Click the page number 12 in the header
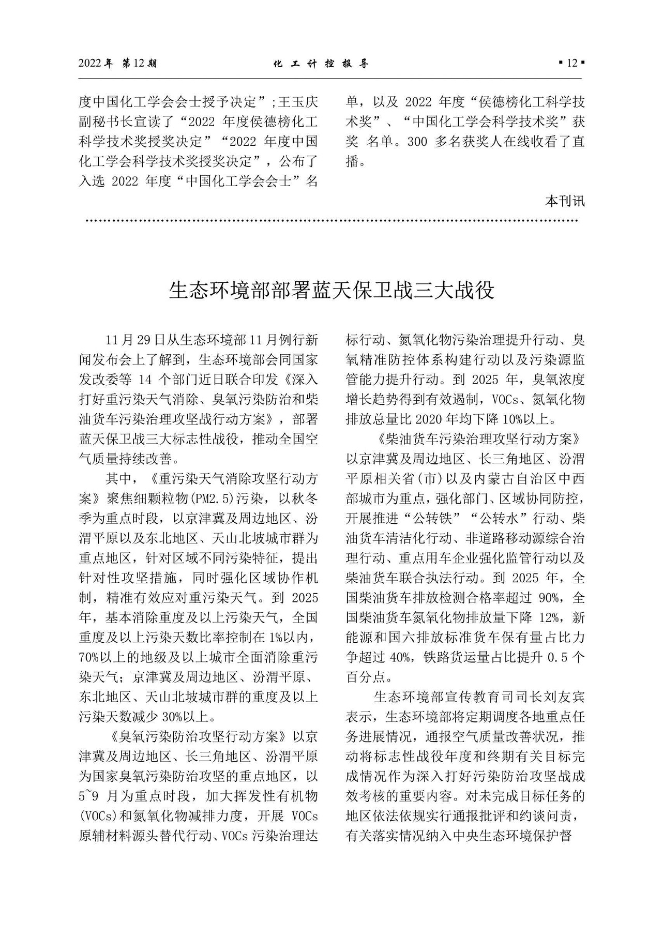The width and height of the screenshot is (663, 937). click(571, 64)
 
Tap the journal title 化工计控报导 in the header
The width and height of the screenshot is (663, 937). click(321, 64)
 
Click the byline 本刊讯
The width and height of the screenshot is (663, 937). click(565, 201)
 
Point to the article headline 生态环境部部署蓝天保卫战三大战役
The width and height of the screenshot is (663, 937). click(331, 291)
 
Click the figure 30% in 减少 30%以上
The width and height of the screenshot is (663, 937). click(173, 717)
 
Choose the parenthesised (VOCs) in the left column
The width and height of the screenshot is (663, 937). click(98, 815)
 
